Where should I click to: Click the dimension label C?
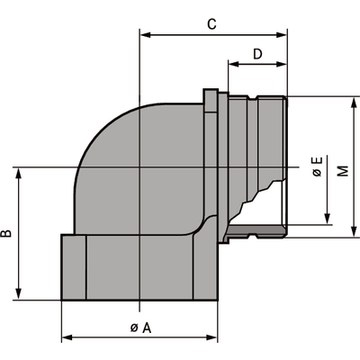212,24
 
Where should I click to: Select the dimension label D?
257,54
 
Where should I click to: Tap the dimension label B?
6,233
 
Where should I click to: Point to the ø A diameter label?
141,328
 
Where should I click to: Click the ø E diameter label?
318,167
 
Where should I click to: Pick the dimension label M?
343,170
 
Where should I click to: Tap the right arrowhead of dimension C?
281,35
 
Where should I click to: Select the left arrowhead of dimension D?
234,64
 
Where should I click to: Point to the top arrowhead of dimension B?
19,173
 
